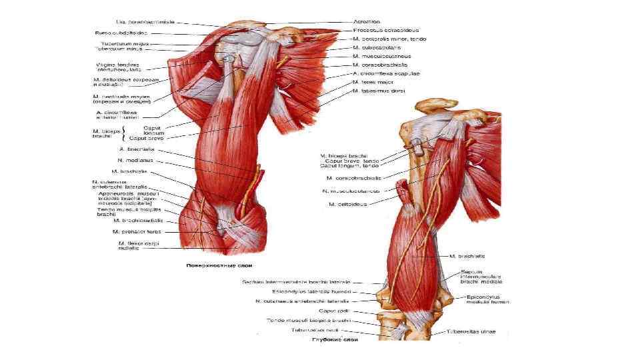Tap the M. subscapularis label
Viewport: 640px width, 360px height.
pos(377,48)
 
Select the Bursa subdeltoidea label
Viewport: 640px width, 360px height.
pos(121,31)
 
